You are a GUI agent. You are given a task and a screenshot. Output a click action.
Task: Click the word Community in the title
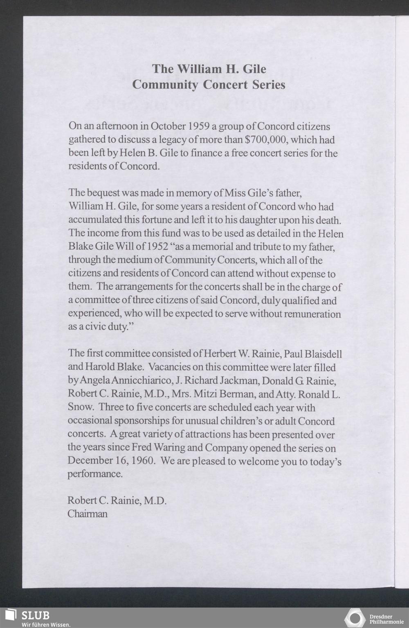[x=166, y=85]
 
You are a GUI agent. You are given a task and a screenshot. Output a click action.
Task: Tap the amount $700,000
[x=266, y=140]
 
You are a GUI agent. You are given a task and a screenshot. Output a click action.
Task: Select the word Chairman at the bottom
[x=88, y=514]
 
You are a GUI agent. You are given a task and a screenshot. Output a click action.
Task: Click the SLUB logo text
[x=36, y=615]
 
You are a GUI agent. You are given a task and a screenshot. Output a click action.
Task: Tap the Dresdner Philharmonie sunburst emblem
[x=355, y=618]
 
